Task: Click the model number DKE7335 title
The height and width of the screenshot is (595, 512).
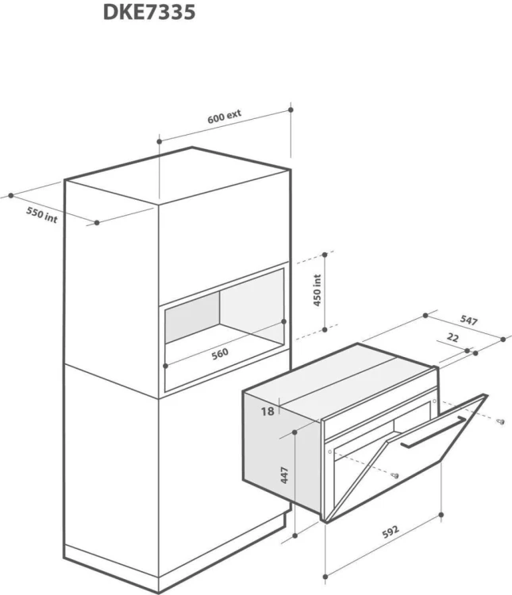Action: coord(149,12)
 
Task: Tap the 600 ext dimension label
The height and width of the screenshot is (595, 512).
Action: coord(224,117)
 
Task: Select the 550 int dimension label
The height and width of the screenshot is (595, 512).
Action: coord(42,215)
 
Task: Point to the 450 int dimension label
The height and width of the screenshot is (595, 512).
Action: coord(318,290)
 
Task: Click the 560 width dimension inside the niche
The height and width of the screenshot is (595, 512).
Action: coord(220,354)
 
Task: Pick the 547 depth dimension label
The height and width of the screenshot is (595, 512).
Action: coord(468,321)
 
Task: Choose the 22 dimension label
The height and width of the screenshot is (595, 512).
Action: coord(452,337)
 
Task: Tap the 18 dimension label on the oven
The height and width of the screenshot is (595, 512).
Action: coord(268,411)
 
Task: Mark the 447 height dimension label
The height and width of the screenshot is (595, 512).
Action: coord(284,475)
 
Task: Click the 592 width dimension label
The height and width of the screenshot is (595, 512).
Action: coord(391,532)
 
